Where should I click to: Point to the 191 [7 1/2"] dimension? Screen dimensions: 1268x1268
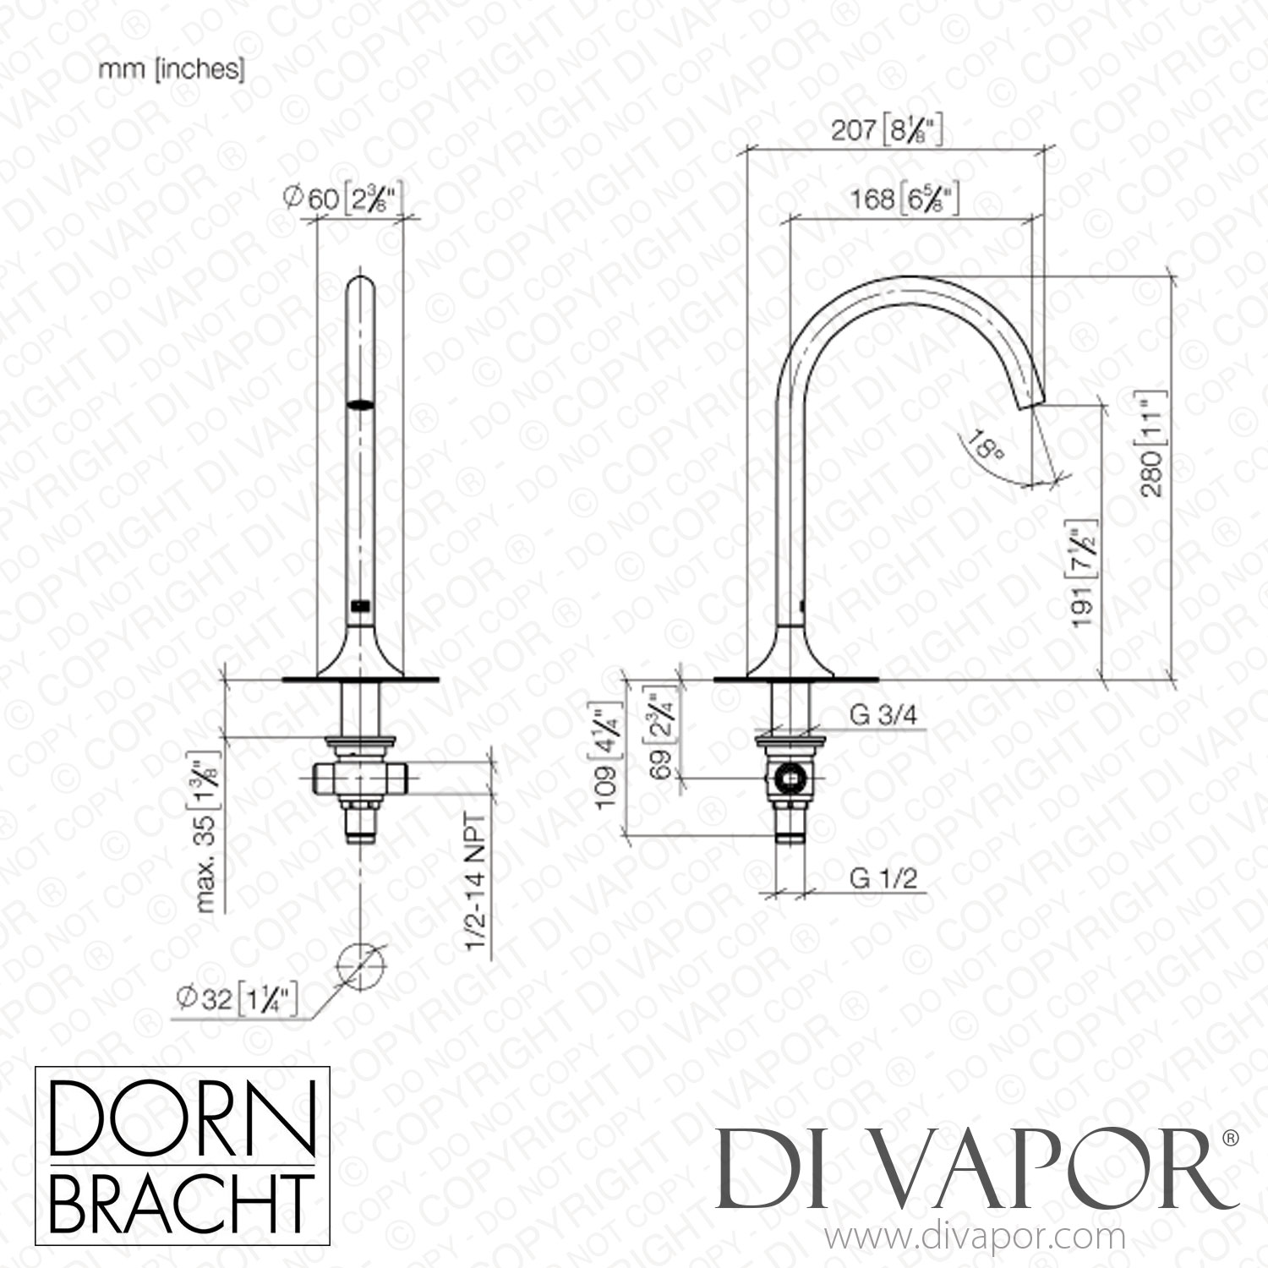tap(1085, 573)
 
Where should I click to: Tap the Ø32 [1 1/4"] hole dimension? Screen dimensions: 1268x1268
tap(238, 999)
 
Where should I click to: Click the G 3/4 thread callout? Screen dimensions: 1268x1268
tap(883, 716)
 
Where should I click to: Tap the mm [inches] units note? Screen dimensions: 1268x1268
tap(172, 70)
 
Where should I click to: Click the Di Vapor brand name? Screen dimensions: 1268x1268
tap(972, 1170)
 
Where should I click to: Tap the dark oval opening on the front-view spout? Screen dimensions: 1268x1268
tap(361, 404)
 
